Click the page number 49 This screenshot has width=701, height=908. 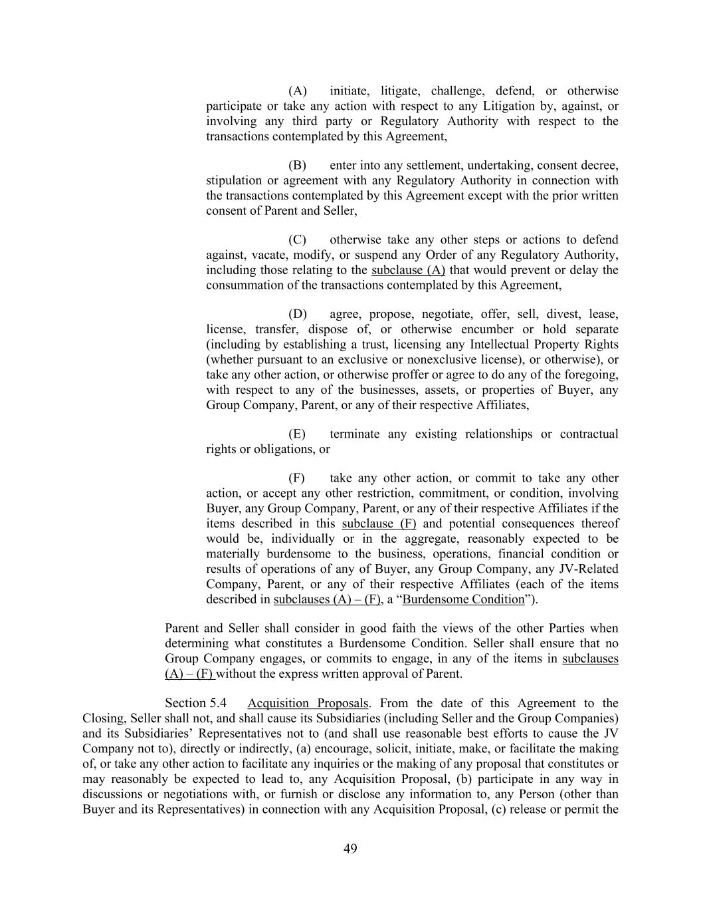pyautogui.click(x=350, y=848)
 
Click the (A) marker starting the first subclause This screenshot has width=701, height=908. pyautogui.click(x=297, y=91)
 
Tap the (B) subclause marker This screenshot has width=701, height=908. pyautogui.click(x=297, y=166)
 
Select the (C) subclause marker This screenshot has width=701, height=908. pyautogui.click(x=297, y=240)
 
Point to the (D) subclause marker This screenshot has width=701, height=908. pyautogui.click(x=297, y=315)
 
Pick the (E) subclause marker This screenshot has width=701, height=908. pyautogui.click(x=297, y=434)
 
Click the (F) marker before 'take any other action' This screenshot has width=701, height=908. pyautogui.click(x=296, y=478)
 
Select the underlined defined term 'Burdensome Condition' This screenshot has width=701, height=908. pyautogui.click(x=464, y=599)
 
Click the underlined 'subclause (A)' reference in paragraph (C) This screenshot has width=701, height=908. pyautogui.click(x=408, y=270)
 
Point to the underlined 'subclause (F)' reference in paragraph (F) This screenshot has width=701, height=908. pyautogui.click(x=379, y=524)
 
